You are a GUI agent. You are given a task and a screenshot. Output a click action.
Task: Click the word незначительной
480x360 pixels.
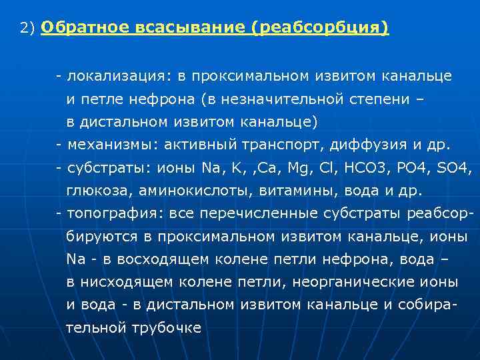(286, 99)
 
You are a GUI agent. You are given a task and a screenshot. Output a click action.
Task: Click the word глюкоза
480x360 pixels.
(99, 191)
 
